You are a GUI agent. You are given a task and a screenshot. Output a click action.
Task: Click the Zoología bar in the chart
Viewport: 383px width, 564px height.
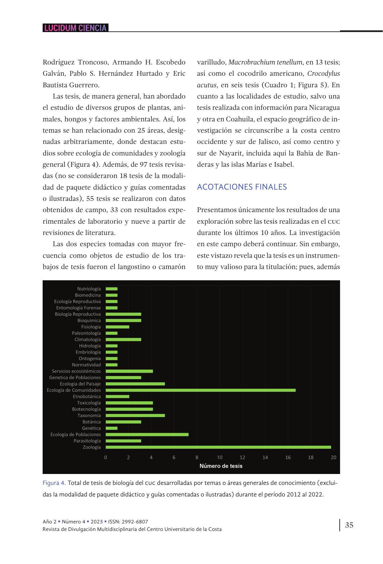[x=218, y=447]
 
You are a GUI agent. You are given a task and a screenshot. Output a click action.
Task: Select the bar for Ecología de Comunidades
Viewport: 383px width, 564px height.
[x=201, y=390]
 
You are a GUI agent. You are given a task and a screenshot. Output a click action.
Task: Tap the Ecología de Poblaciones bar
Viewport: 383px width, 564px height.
[x=147, y=434]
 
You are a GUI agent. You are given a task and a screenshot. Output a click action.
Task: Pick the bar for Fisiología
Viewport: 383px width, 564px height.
[x=117, y=327]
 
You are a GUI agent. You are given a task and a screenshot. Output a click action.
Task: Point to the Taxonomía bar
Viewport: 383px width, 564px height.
[x=135, y=415]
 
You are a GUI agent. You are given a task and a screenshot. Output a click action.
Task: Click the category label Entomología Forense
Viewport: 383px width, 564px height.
[x=78, y=308]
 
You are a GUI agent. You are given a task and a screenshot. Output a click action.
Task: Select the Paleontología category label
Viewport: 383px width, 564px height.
[x=86, y=333]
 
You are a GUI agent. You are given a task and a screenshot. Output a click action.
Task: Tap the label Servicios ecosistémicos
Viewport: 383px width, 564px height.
[x=76, y=371]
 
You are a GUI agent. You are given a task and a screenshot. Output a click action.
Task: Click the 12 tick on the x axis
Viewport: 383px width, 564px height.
[x=242, y=457]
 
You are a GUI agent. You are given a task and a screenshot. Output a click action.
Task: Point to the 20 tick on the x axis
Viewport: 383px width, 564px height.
[x=334, y=457]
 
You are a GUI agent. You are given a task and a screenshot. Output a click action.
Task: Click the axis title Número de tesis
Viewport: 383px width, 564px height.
[x=221, y=466]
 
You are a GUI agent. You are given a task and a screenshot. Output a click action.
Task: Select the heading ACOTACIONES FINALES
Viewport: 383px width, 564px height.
[x=242, y=187]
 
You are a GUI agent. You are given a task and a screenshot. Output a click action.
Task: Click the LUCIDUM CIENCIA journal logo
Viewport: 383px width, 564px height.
[x=75, y=28]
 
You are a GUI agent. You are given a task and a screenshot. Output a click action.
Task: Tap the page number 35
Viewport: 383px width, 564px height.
[x=349, y=525]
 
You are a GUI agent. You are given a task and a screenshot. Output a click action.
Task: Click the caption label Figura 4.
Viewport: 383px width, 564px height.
[x=54, y=483]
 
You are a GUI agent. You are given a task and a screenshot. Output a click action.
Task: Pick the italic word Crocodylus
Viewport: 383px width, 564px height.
[x=323, y=74]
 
